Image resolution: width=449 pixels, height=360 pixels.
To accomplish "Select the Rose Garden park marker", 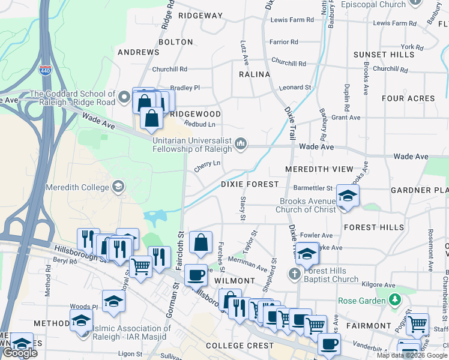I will point(394,299).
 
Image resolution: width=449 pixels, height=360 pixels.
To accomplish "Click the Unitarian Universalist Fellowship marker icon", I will point(241,143).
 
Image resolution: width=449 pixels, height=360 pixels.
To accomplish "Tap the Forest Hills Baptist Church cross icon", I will point(294,274).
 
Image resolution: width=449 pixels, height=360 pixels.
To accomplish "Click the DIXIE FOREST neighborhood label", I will point(250,184).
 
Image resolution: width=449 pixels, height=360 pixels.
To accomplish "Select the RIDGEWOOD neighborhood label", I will point(195,113).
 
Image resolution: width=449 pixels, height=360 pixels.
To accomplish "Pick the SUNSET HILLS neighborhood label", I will point(384,55).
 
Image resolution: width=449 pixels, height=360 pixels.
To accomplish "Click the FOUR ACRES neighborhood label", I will point(408,98).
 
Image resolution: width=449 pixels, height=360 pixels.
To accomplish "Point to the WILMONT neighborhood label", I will point(235,281).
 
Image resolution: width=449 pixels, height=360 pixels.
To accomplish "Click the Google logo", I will point(20,353).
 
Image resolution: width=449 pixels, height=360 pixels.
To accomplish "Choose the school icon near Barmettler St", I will point(347,196).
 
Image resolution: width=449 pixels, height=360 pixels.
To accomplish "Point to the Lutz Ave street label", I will point(245,53).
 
